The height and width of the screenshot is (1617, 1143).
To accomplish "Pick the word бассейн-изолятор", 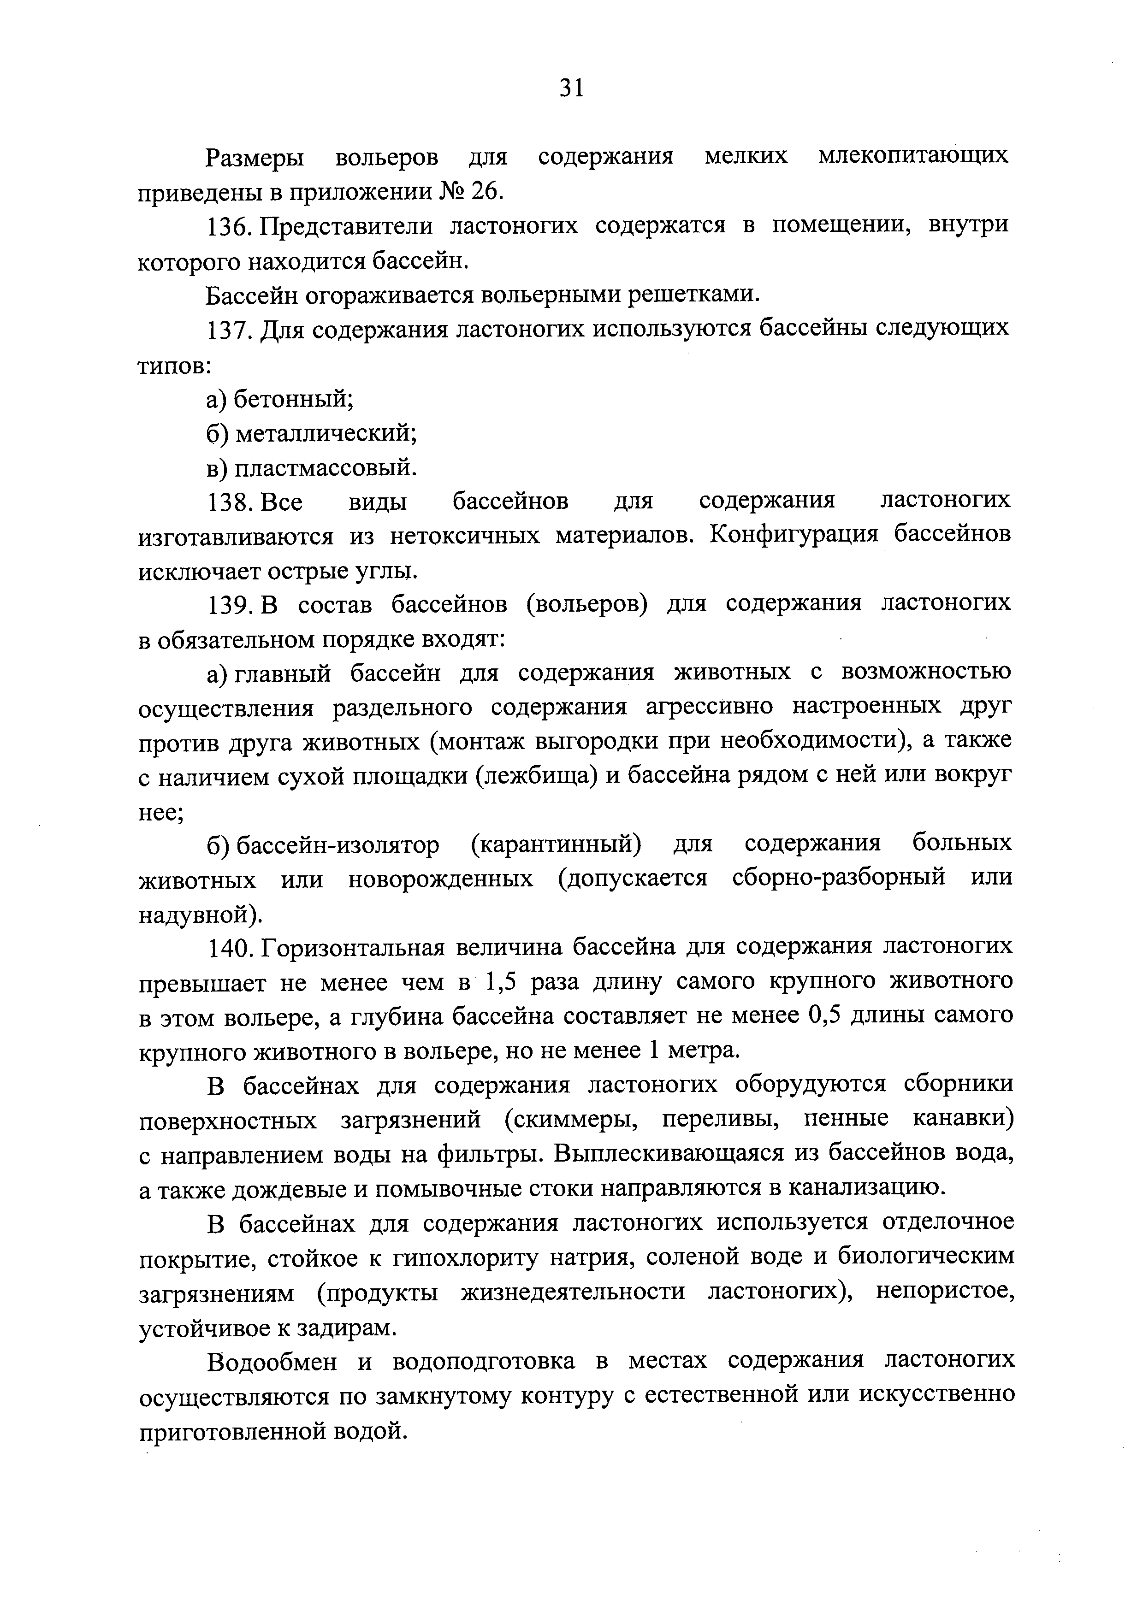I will coord(337,845).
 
